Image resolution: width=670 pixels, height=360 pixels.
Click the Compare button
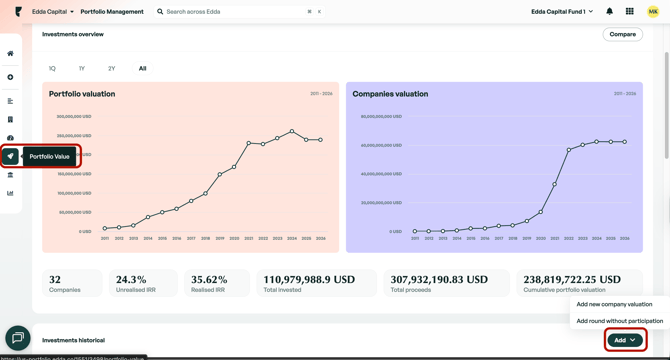click(x=622, y=34)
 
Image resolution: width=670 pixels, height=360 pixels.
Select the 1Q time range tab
click(x=52, y=69)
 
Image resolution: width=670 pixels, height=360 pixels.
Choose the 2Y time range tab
click(x=111, y=69)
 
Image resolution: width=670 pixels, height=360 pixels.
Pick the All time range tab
click(x=142, y=69)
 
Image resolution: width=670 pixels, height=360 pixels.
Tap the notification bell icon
click(x=609, y=12)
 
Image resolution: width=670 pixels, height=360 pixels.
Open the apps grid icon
click(x=630, y=12)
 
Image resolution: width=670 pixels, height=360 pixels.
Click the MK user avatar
click(x=653, y=12)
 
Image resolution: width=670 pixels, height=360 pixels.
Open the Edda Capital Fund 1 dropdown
click(x=562, y=12)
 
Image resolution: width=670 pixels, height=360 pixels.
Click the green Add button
click(x=625, y=340)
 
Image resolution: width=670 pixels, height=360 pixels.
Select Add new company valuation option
click(x=614, y=304)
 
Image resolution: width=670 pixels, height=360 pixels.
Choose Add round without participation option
click(x=619, y=321)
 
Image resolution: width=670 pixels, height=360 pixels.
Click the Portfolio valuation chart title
click(x=82, y=94)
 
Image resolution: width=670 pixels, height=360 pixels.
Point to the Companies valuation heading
click(x=390, y=94)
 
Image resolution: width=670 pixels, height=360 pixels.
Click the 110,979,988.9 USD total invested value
click(x=309, y=280)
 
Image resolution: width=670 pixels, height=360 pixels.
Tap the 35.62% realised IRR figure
click(x=208, y=280)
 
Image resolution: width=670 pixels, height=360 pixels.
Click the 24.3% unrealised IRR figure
click(x=131, y=280)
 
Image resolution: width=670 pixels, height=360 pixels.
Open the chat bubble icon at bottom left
click(x=17, y=338)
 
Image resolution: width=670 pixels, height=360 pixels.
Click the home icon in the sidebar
click(x=10, y=54)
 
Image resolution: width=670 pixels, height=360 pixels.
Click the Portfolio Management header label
click(x=112, y=12)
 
